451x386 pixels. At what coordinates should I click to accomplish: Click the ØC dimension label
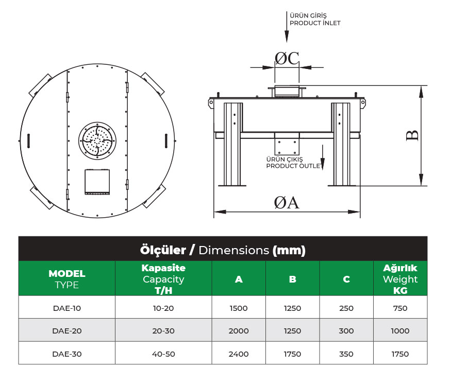[287, 59]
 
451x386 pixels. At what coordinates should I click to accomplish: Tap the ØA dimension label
[286, 203]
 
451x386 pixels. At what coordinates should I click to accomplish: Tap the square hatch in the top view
[97, 182]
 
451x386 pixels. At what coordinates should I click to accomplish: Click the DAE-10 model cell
[66, 308]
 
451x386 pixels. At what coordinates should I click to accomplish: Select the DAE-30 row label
[66, 354]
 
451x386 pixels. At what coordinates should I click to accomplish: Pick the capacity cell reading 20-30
[163, 331]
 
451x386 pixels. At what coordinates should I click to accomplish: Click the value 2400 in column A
[239, 354]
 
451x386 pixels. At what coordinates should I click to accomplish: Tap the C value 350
[346, 354]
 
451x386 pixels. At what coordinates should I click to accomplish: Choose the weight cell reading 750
[400, 308]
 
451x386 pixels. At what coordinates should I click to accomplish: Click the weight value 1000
[400, 331]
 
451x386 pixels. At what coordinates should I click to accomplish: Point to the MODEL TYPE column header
[66, 278]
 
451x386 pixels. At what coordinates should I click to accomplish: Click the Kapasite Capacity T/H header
[163, 278]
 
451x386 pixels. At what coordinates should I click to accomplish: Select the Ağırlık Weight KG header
[400, 278]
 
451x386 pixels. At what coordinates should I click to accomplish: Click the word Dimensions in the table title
[233, 251]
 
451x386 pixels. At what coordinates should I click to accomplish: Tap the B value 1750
[292, 354]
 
